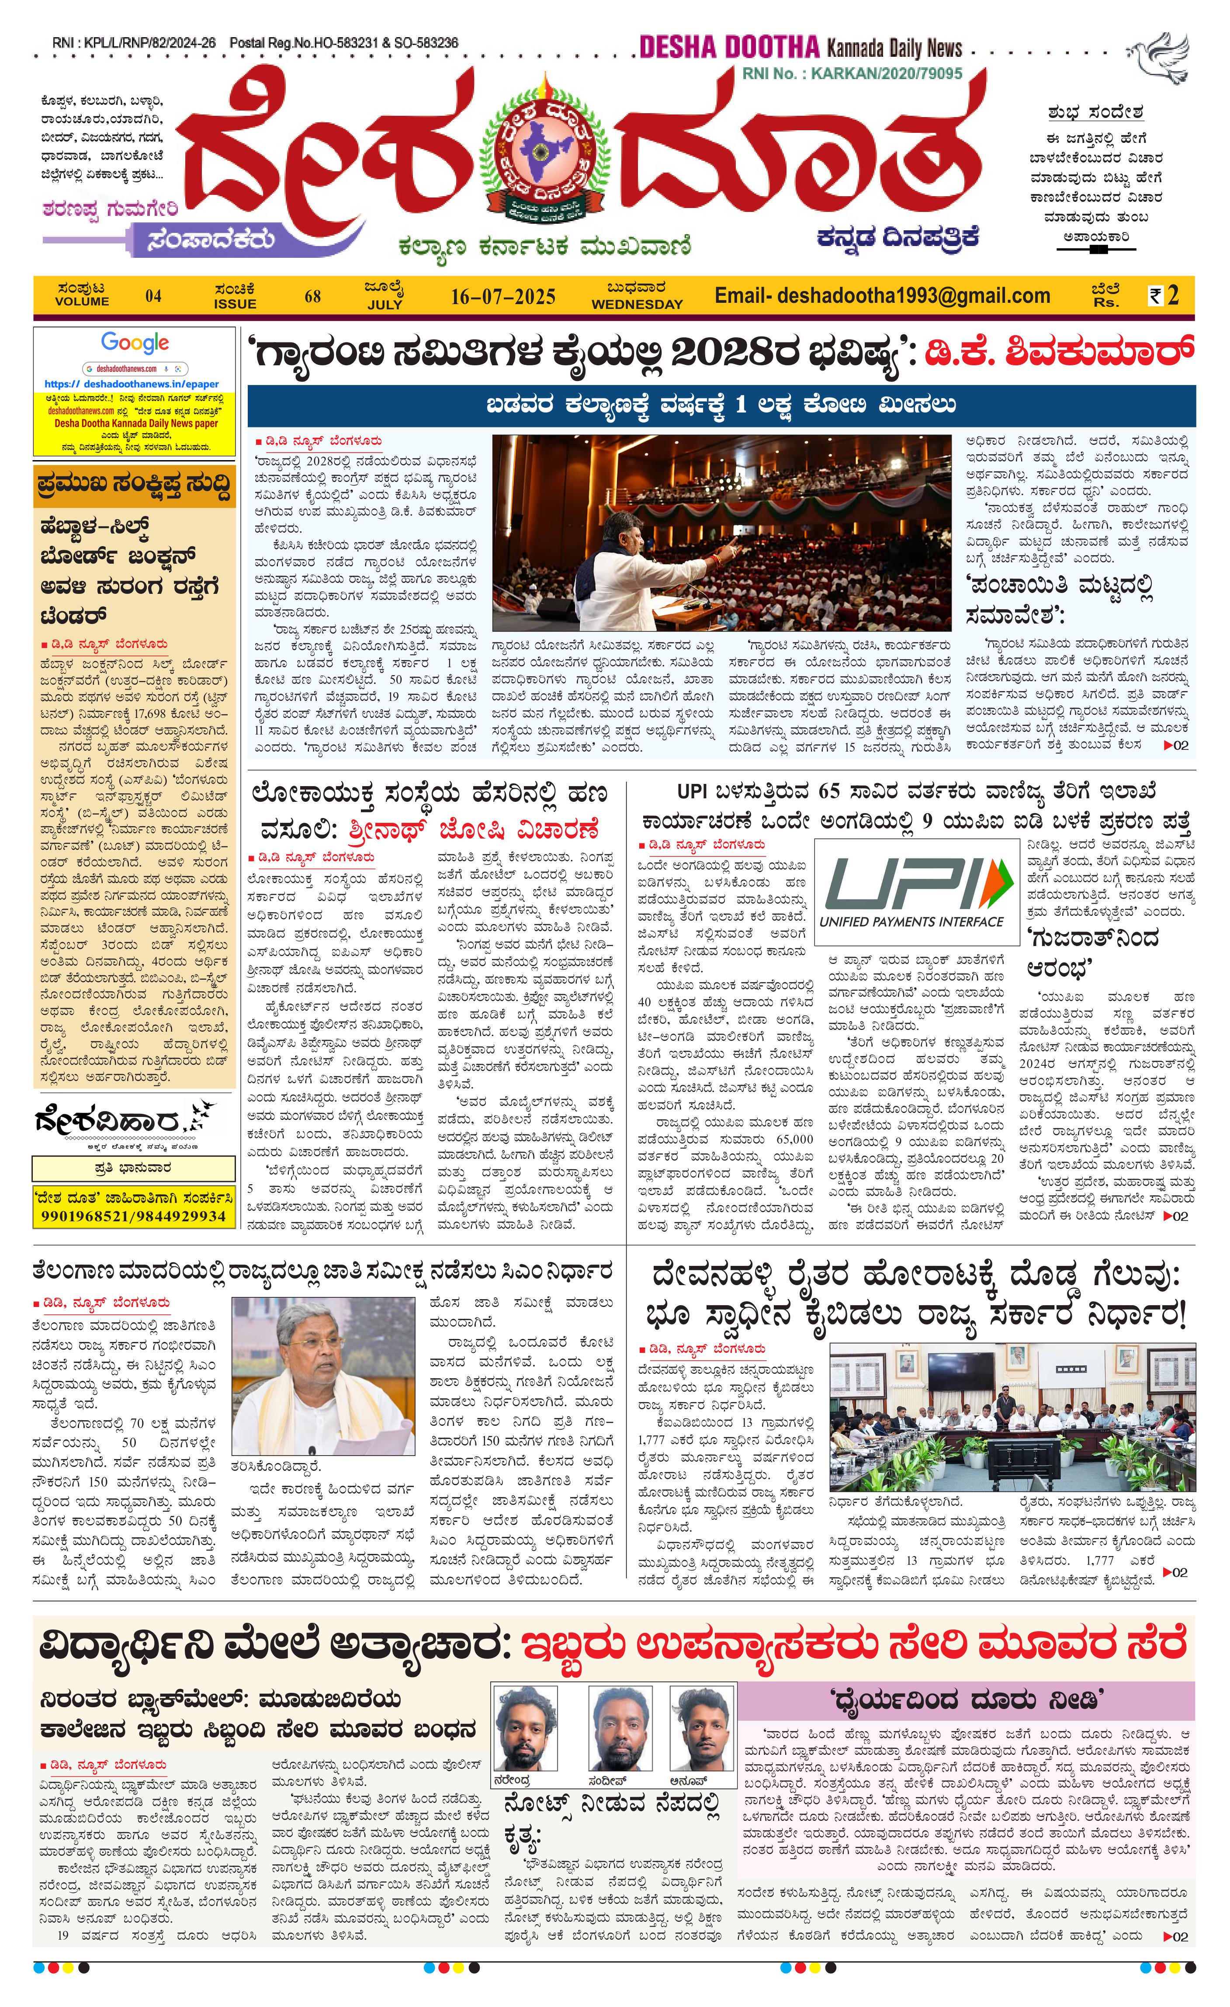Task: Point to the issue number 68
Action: coord(313,297)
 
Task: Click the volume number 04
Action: coord(153,297)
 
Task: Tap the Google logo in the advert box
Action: coord(135,343)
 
